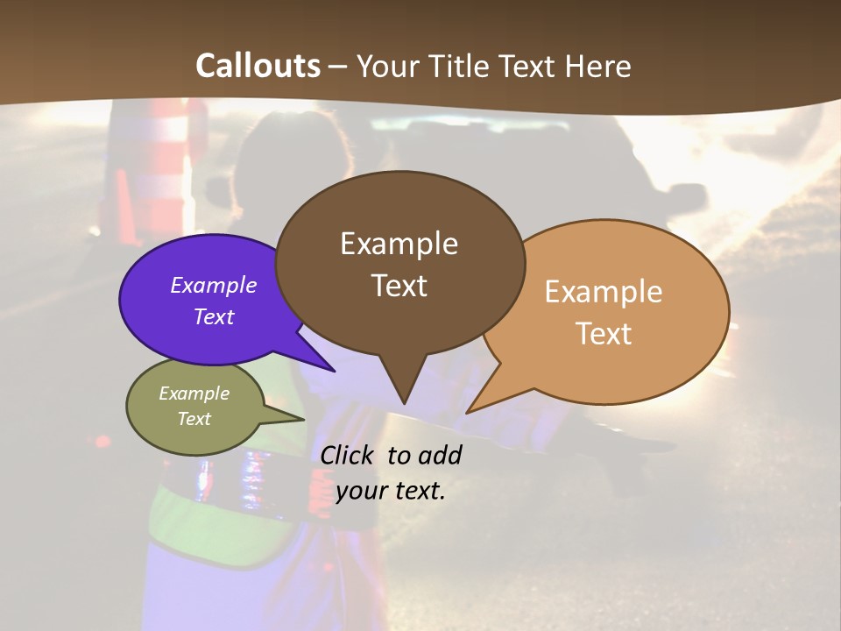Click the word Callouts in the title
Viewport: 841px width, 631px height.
coord(258,66)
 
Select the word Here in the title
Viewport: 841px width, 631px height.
coord(596,66)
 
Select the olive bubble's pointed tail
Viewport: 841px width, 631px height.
coord(298,418)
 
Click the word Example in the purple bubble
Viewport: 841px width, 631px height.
coord(213,286)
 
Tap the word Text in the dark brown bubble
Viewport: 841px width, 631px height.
coord(399,286)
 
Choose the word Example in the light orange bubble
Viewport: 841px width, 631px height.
coord(603,292)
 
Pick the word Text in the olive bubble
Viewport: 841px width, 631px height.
coord(194,419)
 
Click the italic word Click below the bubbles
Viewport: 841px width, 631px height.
coord(348,456)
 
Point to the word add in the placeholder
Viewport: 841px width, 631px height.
coord(440,456)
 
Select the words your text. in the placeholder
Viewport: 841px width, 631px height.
coord(391,491)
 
